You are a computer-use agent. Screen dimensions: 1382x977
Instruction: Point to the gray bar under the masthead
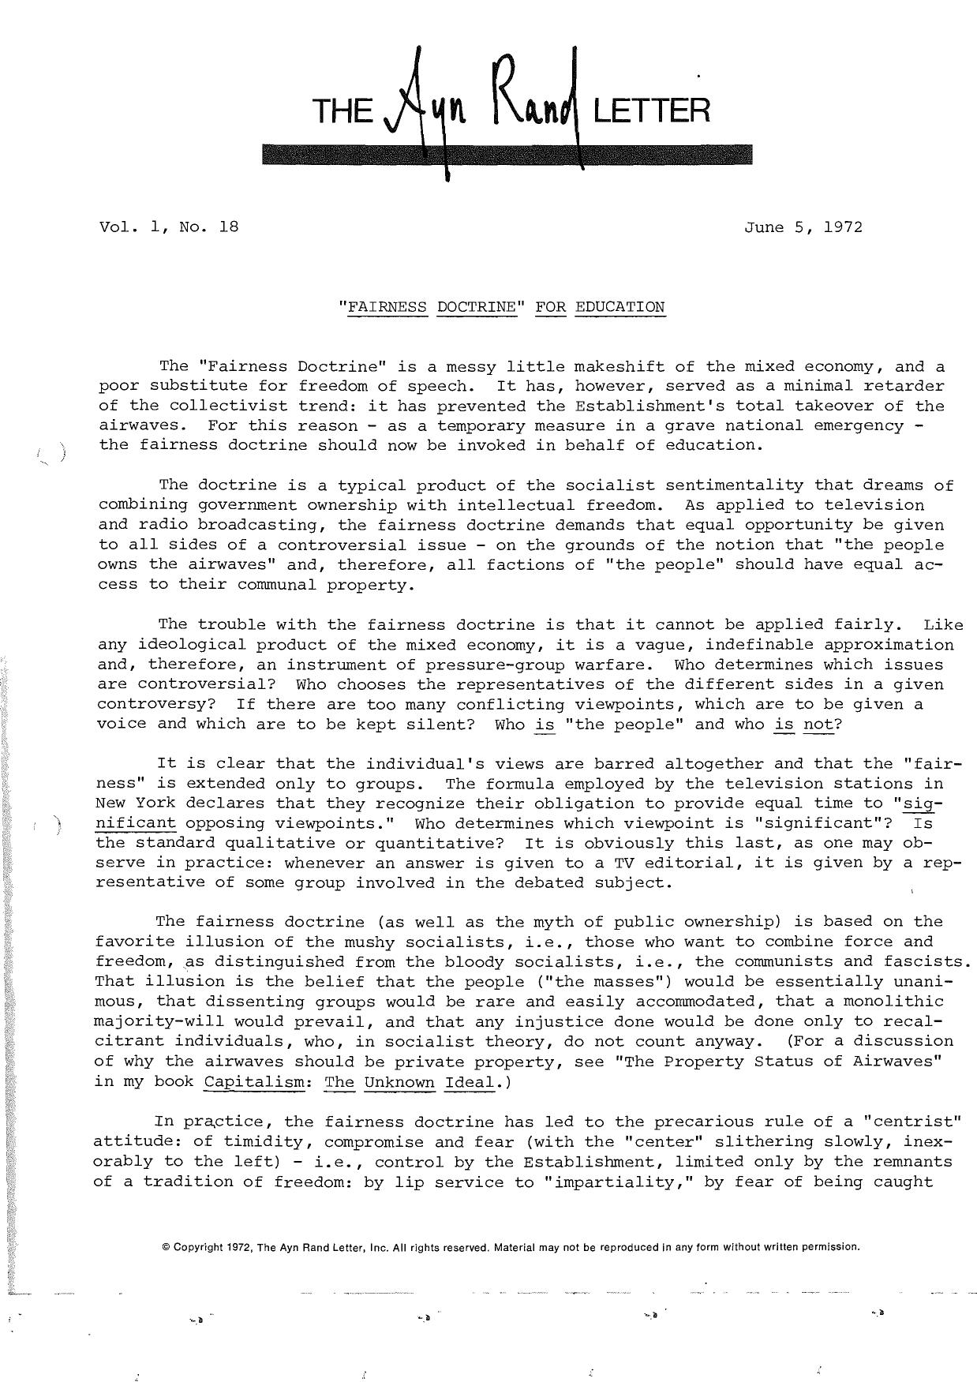(507, 155)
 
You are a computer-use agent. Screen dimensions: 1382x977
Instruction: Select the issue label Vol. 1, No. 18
(168, 227)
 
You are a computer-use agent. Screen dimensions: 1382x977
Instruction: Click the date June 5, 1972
(803, 227)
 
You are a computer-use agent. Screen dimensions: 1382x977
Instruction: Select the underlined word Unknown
(399, 1081)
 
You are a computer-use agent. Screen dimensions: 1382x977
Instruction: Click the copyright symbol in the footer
(165, 1247)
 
